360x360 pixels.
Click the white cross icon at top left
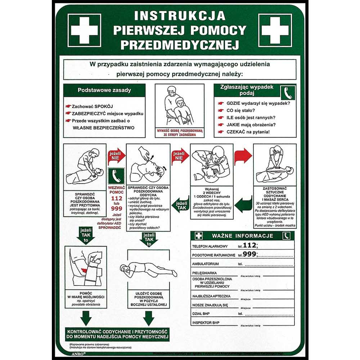point(84,30)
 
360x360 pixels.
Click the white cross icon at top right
point(275,30)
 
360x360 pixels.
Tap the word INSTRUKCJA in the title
point(180,16)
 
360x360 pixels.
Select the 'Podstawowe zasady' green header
point(104,90)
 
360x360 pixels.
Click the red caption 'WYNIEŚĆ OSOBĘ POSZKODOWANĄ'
point(180,130)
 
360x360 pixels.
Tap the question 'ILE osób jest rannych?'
point(251,117)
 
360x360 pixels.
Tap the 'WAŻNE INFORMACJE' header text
point(242,236)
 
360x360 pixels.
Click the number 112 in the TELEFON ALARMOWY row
point(250,246)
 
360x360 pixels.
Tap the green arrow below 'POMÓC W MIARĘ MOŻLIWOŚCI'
point(85,318)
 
